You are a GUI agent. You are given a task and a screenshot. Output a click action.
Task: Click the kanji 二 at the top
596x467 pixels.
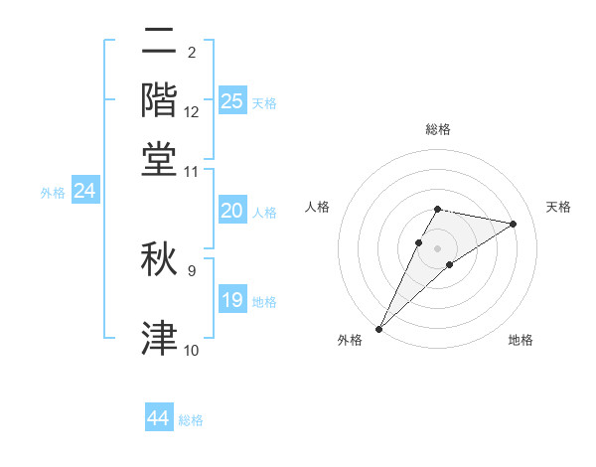tap(159, 42)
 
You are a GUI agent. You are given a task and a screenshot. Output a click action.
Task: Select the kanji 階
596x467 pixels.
tap(159, 100)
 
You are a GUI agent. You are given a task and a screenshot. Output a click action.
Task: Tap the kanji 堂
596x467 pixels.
tap(159, 160)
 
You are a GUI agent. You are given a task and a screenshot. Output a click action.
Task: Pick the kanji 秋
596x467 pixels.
tap(159, 260)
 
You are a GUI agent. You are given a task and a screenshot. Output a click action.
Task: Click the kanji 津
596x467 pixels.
tap(159, 338)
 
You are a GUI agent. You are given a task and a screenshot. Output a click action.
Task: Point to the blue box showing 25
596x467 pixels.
tap(231, 100)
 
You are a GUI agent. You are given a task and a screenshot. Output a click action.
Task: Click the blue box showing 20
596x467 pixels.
tap(231, 211)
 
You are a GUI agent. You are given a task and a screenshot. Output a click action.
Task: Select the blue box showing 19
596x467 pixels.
tap(231, 300)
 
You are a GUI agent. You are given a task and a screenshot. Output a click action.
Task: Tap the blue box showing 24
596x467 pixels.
tap(84, 191)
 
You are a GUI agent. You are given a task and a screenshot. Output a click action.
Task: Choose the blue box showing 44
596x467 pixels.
tap(159, 418)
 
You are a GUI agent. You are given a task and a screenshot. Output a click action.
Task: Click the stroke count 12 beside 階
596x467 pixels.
tap(192, 112)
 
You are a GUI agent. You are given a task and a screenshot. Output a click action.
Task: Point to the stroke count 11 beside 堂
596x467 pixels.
tap(192, 172)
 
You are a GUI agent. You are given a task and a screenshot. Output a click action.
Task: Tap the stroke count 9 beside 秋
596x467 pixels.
tap(192, 269)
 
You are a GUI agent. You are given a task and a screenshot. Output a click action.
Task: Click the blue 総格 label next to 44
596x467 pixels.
tap(191, 420)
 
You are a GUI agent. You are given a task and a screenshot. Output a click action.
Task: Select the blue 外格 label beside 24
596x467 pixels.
tap(53, 193)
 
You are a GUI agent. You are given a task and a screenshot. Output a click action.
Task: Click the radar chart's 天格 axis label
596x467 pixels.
tap(558, 207)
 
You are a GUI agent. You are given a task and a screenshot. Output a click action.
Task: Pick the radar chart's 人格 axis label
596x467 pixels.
tap(317, 207)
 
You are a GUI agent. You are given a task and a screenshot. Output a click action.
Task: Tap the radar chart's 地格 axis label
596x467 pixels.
tap(521, 340)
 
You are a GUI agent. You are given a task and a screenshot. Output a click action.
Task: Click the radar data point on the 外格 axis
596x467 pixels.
tap(378, 328)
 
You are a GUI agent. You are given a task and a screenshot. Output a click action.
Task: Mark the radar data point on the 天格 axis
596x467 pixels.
tap(514, 224)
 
